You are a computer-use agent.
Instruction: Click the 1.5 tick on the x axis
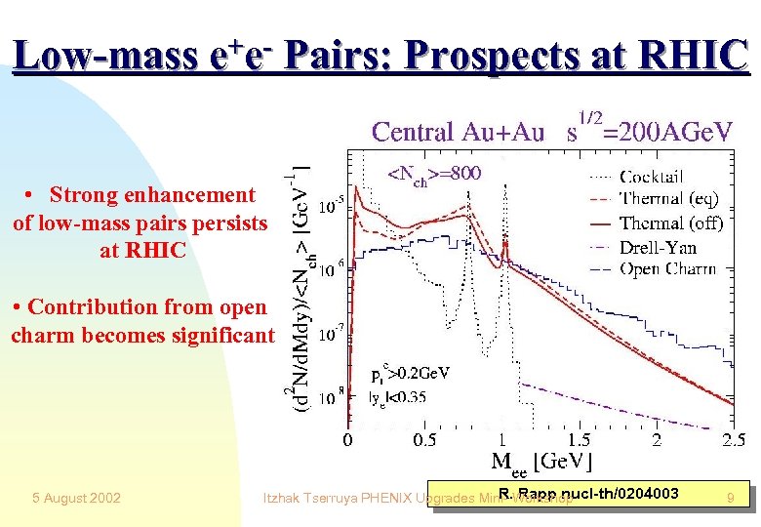(579, 440)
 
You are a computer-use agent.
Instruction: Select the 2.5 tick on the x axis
(734, 440)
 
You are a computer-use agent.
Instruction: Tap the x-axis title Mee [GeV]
(541, 463)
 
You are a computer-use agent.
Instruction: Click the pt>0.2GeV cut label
(409, 374)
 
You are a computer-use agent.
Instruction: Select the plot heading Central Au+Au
(458, 132)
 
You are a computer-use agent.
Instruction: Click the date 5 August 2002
(76, 499)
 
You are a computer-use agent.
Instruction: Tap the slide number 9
(730, 499)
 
